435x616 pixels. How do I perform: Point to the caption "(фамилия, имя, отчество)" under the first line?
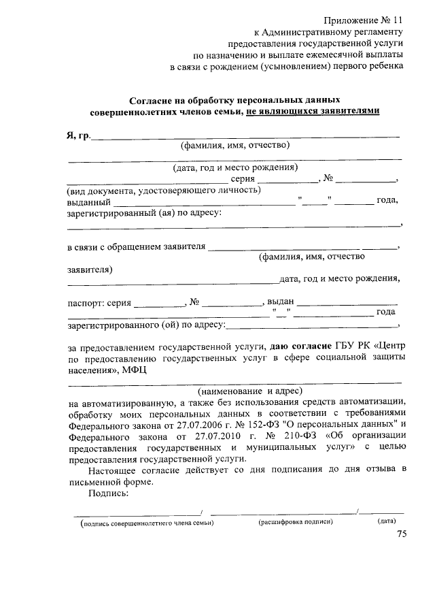[234, 145]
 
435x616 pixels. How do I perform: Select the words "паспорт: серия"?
[99, 302]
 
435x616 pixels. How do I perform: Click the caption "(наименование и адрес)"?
[249, 391]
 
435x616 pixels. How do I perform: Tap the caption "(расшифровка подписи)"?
[295, 521]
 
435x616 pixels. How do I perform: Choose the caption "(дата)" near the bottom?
[387, 521]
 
